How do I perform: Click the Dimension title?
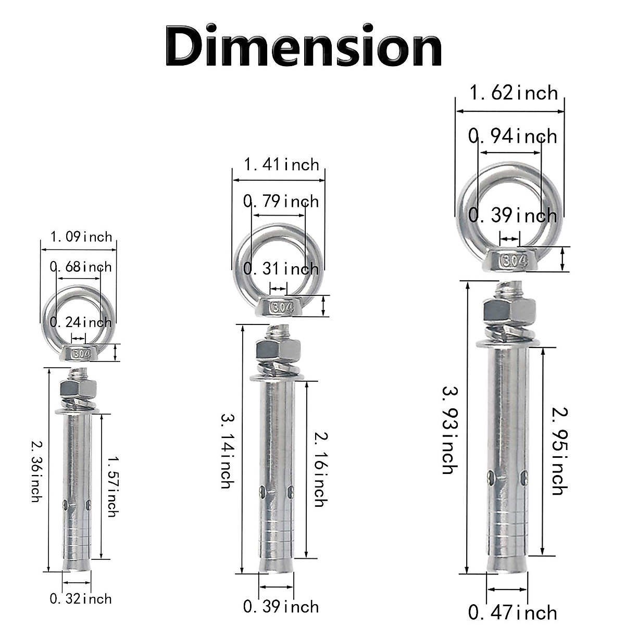click(304, 45)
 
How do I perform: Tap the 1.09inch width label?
click(81, 237)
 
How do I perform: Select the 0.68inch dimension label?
click(81, 267)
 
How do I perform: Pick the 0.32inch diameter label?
click(81, 599)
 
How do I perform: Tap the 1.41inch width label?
click(281, 165)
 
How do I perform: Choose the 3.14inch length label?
click(227, 451)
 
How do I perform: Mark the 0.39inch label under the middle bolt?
click(281, 607)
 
